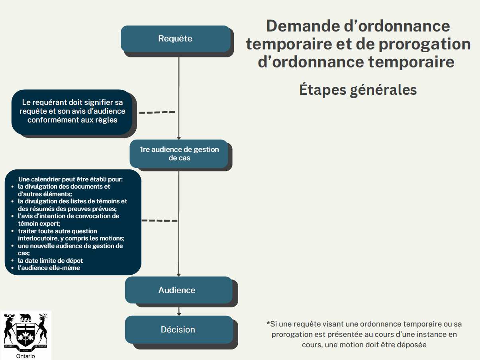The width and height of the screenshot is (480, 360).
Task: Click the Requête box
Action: pyautogui.click(x=176, y=39)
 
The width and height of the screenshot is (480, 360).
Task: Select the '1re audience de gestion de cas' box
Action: pyautogui.click(x=179, y=153)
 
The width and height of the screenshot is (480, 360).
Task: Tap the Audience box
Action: pyautogui.click(x=179, y=290)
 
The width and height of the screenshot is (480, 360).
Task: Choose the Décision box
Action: pyautogui.click(x=179, y=330)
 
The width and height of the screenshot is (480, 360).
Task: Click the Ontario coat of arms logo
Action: pyautogui.click(x=25, y=332)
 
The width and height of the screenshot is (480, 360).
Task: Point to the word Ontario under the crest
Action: pyautogui.click(x=25, y=356)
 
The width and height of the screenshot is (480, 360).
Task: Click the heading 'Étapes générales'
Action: pyautogui.click(x=358, y=90)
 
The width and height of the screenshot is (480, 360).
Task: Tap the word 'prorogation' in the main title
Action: pyautogui.click(x=425, y=44)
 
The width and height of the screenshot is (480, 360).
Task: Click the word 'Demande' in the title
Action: pyautogui.click(x=303, y=26)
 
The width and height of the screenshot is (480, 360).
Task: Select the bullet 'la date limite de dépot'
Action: pyautogui.click(x=50, y=260)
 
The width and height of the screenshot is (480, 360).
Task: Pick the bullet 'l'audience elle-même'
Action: pyautogui.click(x=49, y=268)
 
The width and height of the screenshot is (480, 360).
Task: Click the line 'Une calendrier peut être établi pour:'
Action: pyautogui.click(x=71, y=179)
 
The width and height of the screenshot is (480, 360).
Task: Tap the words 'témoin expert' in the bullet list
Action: pyautogui.click(x=39, y=223)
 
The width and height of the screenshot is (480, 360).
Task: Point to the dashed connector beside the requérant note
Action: pyautogui.click(x=157, y=112)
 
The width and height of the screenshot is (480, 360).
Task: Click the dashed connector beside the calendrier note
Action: pyautogui.click(x=160, y=220)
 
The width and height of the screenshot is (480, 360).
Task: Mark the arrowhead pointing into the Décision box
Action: pyautogui.click(x=179, y=314)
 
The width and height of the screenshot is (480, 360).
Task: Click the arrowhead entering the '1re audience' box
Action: pyautogui.click(x=179, y=138)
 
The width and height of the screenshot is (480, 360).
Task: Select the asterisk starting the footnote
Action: pyautogui.click(x=268, y=323)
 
